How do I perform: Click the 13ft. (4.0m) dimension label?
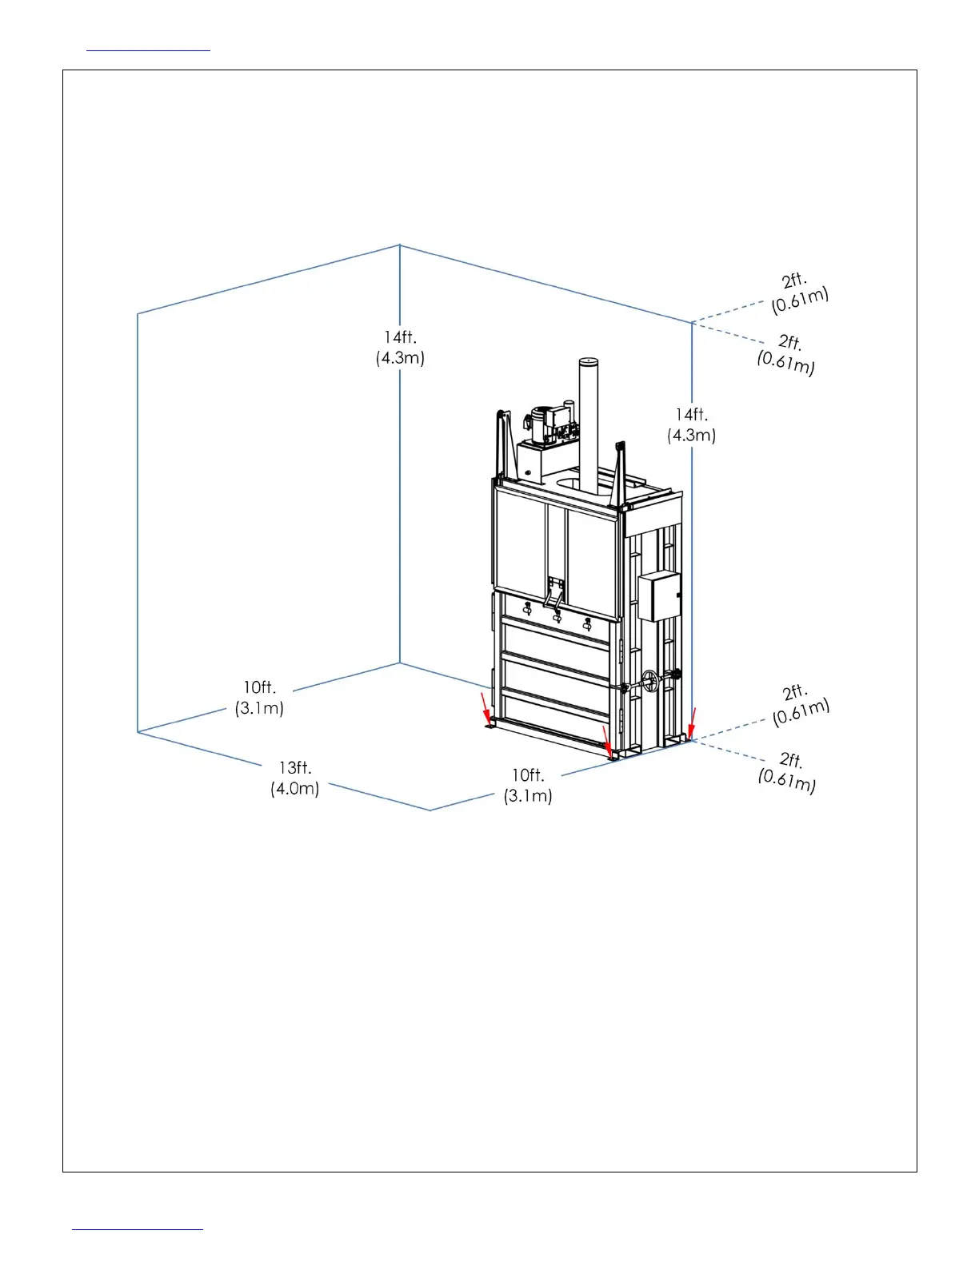(x=295, y=778)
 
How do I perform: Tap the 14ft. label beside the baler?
(x=692, y=424)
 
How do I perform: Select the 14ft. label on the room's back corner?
(x=400, y=348)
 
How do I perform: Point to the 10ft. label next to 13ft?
(x=528, y=785)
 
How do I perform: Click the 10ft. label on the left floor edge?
(x=260, y=697)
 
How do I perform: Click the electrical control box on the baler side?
(x=658, y=596)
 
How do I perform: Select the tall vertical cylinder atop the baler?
(x=589, y=424)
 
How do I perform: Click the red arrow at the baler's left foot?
(x=485, y=708)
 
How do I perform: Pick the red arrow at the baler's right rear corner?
(x=693, y=720)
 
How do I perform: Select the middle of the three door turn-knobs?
(x=557, y=616)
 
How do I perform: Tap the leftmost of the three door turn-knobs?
(x=527, y=609)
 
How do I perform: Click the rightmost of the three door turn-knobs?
(x=588, y=623)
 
